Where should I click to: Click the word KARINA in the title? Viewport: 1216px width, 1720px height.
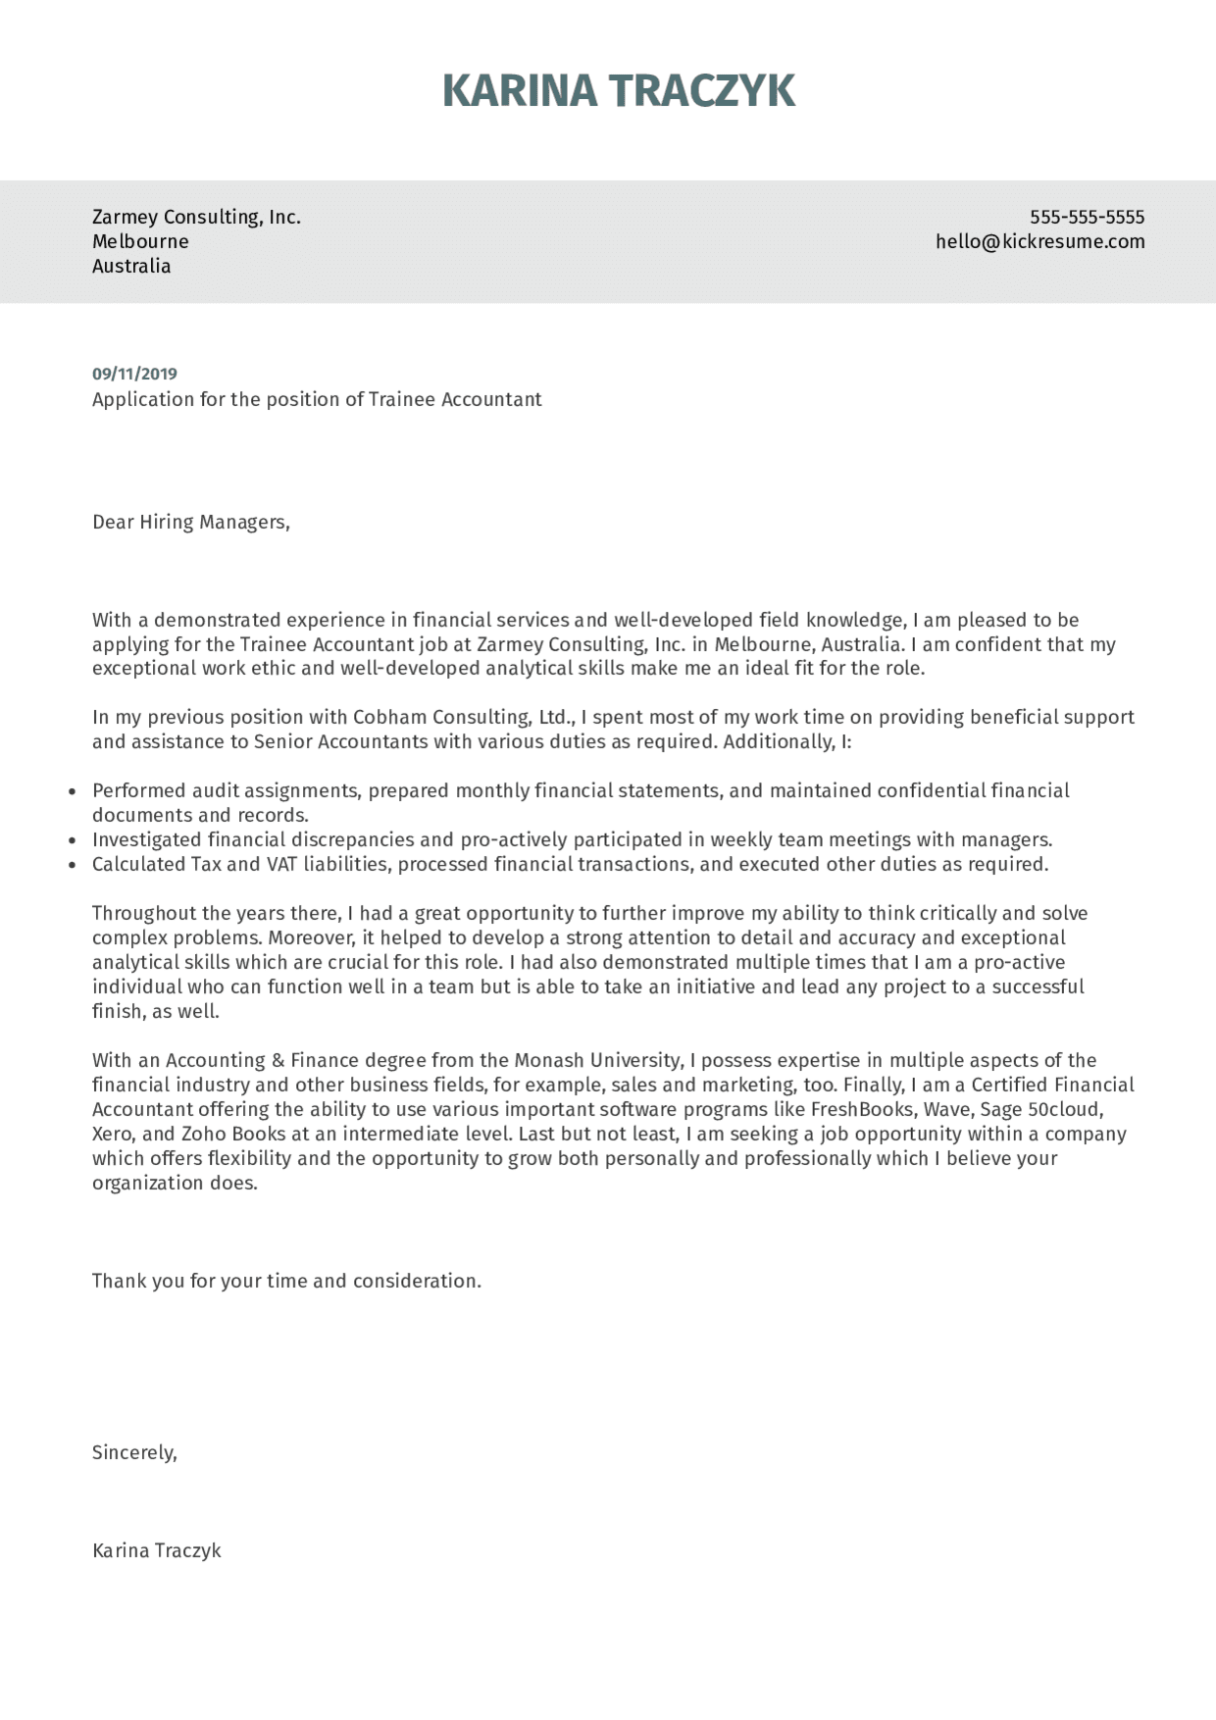(519, 90)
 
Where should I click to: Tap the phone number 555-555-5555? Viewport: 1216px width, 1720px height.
(1087, 217)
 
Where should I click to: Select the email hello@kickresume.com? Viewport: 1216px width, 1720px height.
(1039, 241)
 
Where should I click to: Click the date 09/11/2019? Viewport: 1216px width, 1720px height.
(134, 374)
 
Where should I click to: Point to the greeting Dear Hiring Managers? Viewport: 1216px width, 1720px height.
(190, 522)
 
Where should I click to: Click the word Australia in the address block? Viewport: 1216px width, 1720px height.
(131, 266)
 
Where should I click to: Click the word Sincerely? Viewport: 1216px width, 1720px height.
(134, 1452)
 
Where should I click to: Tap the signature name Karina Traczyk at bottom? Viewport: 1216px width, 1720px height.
(156, 1550)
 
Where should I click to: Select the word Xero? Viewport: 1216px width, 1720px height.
(113, 1134)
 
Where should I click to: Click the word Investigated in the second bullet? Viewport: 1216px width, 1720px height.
(146, 839)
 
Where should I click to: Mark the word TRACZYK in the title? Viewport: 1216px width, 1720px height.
(702, 90)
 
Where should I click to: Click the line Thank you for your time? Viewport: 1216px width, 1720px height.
(286, 1281)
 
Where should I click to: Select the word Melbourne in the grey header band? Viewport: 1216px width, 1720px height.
(140, 241)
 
